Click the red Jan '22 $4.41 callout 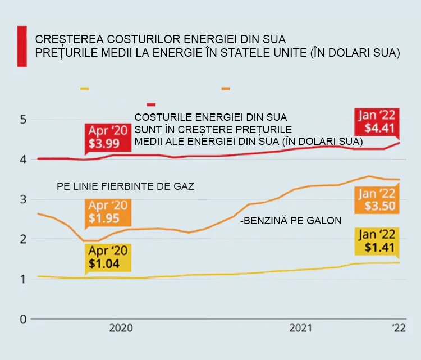tap(377, 122)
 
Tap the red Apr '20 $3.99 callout tap(108, 137)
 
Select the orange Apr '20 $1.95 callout tap(108, 212)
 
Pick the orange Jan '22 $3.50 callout tap(377, 199)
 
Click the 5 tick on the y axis tap(22, 120)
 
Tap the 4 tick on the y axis tap(22, 160)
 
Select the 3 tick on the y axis tap(22, 199)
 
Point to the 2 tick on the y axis tap(22, 239)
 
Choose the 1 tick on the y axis tap(22, 279)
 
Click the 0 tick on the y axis tap(22, 319)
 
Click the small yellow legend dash tap(85, 89)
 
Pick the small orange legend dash tap(226, 89)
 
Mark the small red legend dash tap(151, 104)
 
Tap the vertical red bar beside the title tap(22, 47)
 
